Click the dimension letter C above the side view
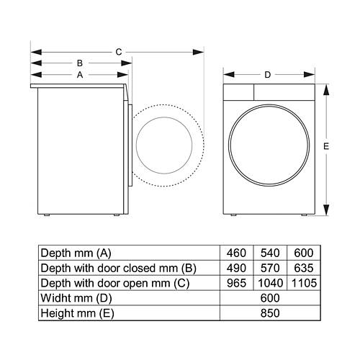tap(119, 52)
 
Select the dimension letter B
tap(80, 63)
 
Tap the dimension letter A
tap(80, 75)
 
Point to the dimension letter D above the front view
tap(268, 75)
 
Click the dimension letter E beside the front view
tap(326, 146)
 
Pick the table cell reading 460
tap(236, 253)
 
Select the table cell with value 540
tap(270, 253)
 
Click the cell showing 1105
tap(304, 283)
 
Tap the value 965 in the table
tap(236, 283)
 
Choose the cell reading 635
tap(304, 268)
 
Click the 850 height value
tap(270, 313)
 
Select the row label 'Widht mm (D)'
tap(76, 298)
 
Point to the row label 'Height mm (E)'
tap(77, 313)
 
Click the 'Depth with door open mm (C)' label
tap(115, 284)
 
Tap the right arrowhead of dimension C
tap(199, 52)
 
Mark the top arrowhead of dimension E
tap(326, 90)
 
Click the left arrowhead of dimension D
tap(229, 75)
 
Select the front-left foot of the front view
tap(233, 215)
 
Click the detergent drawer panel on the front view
tap(238, 92)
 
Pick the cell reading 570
tap(270, 268)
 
